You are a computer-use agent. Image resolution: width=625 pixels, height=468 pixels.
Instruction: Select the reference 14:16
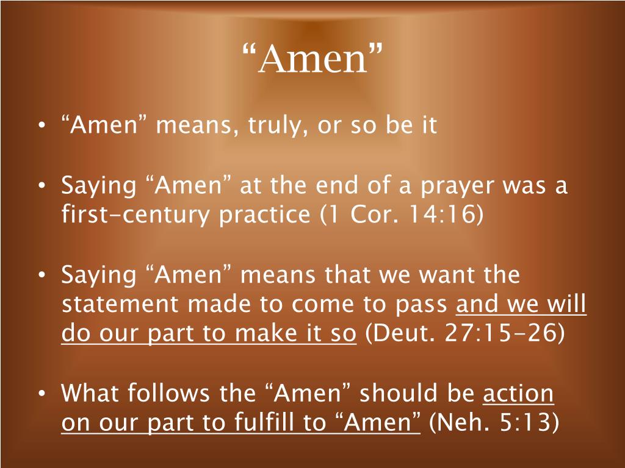point(449,214)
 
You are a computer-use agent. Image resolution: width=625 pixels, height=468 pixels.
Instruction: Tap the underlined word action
point(518,394)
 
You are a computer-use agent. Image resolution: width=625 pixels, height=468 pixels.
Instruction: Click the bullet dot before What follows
point(41,394)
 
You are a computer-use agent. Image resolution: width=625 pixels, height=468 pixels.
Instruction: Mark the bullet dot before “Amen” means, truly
point(41,126)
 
